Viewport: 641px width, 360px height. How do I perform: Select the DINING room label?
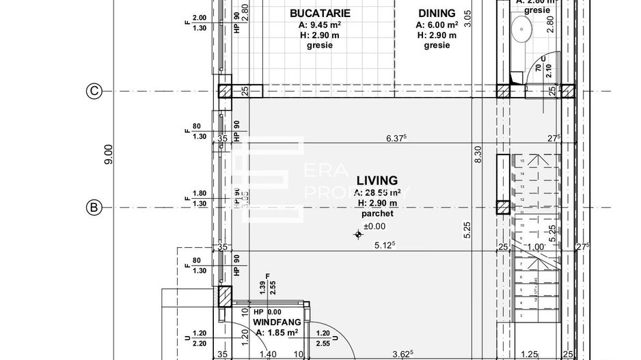[437, 13]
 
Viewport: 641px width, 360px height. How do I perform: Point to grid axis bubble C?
[93, 91]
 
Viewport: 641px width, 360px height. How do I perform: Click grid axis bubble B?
[93, 207]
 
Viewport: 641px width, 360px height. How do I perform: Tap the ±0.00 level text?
[374, 226]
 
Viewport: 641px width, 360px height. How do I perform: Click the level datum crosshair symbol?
[358, 235]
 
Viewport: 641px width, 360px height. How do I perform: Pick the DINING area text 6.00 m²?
[437, 25]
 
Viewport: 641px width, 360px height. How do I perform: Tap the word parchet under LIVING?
[374, 214]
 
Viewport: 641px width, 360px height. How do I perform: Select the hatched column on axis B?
[504, 208]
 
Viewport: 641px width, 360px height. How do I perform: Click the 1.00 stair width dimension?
[537, 247]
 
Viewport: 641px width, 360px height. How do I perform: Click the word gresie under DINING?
[437, 46]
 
